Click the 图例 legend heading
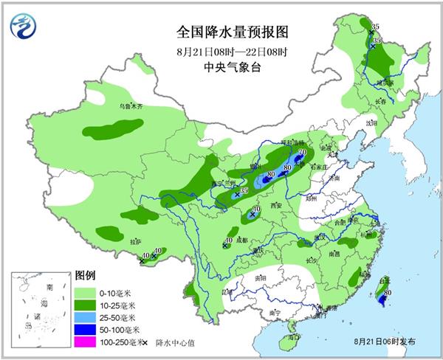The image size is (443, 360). [85, 275]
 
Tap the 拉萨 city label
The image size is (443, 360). [135, 241]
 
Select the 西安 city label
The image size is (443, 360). [276, 204]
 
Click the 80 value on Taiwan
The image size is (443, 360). [388, 292]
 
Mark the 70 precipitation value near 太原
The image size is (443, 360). [302, 153]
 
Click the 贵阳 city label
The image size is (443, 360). [259, 279]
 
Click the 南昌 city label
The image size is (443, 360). [334, 253]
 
